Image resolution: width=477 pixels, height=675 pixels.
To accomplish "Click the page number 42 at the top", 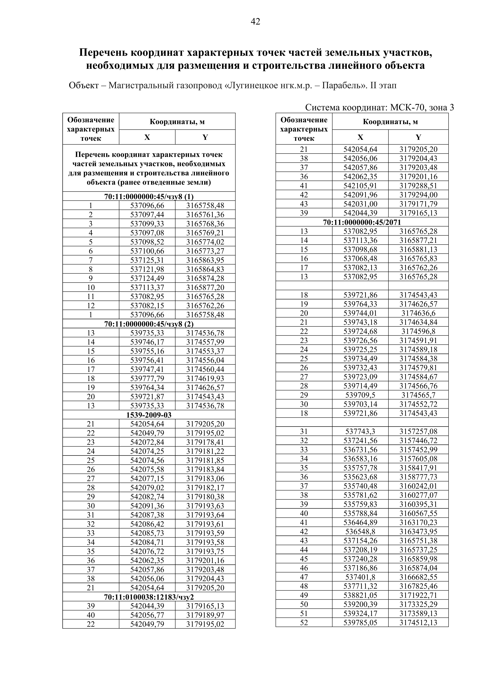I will pyautogui.click(x=255, y=21).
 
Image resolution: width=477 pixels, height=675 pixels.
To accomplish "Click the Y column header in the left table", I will pyautogui.click(x=205, y=137).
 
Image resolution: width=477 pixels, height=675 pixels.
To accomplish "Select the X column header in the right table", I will pyautogui.click(x=360, y=137).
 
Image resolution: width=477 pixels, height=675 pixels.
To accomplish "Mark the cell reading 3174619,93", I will pyautogui.click(x=205, y=378).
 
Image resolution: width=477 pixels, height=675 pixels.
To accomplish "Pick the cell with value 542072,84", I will pyautogui.click(x=147, y=442).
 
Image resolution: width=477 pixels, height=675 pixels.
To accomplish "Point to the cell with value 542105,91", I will pyautogui.click(x=360, y=186).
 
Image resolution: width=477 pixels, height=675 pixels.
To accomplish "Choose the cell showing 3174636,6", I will pyautogui.click(x=418, y=313).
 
